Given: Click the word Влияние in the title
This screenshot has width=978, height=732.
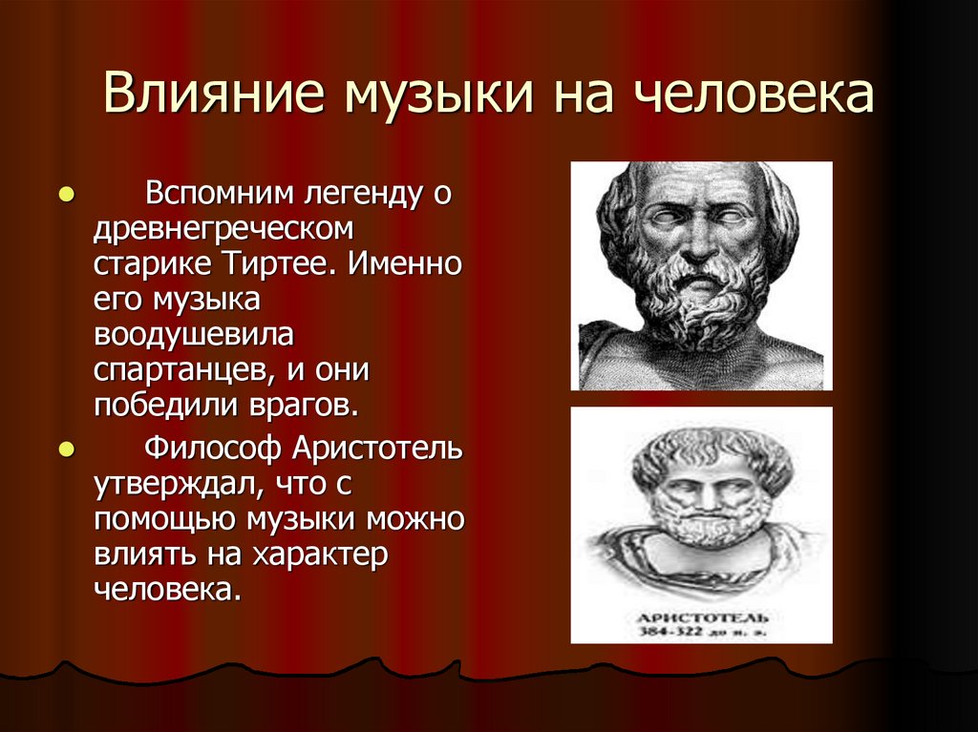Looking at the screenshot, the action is [213, 93].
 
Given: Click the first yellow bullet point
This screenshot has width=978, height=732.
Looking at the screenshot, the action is [66, 195].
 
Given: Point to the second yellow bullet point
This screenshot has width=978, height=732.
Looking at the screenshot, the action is [66, 449].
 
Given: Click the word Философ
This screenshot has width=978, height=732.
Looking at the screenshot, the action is [212, 448].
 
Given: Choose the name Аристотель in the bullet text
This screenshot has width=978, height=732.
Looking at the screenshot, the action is [377, 448].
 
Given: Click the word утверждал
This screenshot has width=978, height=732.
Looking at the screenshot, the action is [177, 484].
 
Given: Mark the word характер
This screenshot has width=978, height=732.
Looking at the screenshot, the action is [320, 554].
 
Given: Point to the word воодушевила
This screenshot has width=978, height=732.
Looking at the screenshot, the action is [193, 335].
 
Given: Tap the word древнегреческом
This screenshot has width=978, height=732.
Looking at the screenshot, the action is [223, 228].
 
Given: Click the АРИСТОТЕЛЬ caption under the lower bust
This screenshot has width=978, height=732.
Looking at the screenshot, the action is [702, 617].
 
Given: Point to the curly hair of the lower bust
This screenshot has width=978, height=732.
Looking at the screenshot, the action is [711, 446].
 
